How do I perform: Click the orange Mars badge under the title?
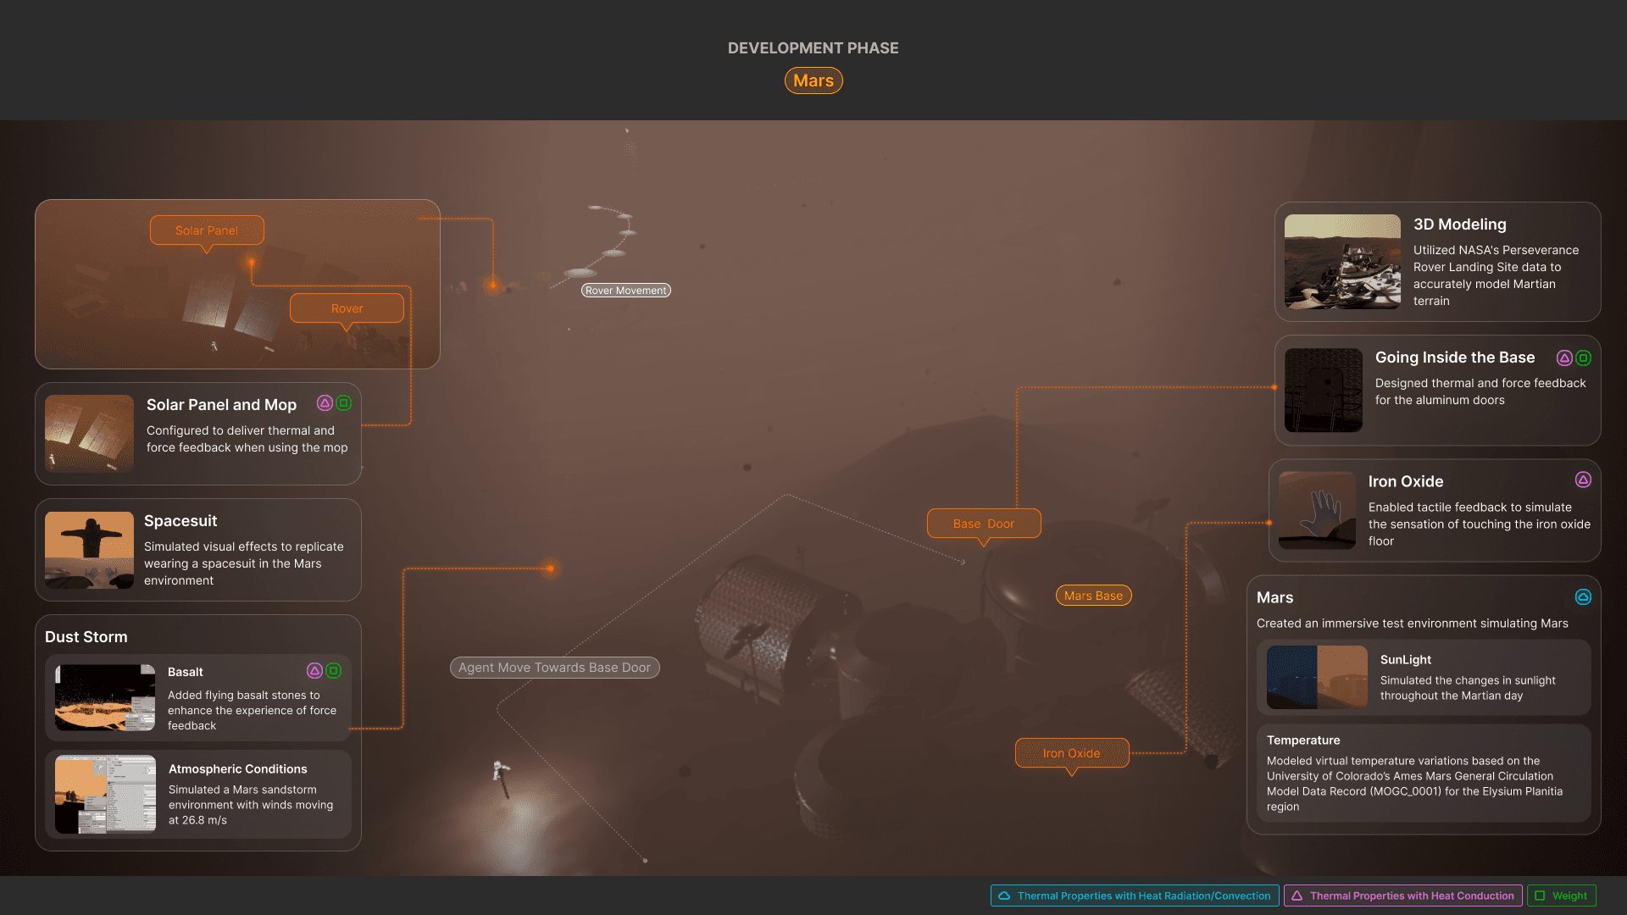click(813, 80)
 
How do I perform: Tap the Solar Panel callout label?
click(207, 230)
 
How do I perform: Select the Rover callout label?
click(347, 308)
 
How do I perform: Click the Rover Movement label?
click(625, 291)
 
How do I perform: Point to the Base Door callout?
click(983, 524)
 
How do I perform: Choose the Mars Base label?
click(1093, 596)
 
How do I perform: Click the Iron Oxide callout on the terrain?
click(1071, 753)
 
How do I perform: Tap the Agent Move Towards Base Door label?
click(554, 668)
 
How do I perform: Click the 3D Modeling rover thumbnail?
click(1342, 262)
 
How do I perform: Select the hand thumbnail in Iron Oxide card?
click(1317, 510)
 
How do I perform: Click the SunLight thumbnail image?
click(1317, 677)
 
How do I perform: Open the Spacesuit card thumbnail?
click(89, 550)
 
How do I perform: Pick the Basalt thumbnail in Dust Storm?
click(105, 697)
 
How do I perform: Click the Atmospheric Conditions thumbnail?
click(105, 794)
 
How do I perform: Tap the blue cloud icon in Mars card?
click(1582, 597)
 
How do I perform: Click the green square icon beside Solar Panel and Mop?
click(343, 403)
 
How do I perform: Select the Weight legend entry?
click(1561, 896)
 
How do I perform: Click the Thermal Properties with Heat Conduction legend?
click(1402, 896)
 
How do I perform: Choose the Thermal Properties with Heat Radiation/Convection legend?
click(1135, 896)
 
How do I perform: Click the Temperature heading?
click(1303, 740)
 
